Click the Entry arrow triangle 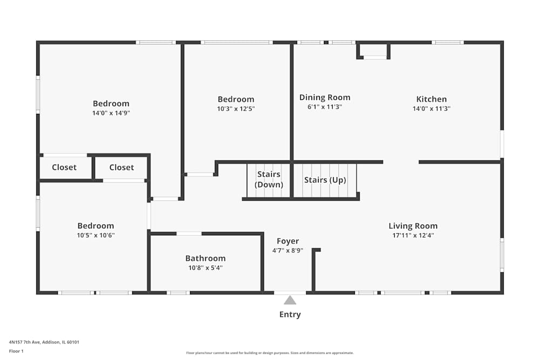[290, 301]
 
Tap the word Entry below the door [290, 315]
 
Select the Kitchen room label [431, 99]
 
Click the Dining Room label [325, 98]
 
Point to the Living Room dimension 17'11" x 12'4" [413, 235]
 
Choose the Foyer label [288, 241]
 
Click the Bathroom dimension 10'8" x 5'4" [205, 268]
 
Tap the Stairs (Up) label [325, 180]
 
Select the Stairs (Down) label [269, 179]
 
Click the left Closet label [64, 167]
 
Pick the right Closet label [122, 167]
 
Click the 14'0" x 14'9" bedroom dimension [111, 113]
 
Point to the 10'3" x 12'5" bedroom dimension [236, 108]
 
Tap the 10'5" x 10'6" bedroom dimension [96, 235]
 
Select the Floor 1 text [16, 351]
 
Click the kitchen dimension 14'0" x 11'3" [431, 108]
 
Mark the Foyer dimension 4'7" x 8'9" [288, 250]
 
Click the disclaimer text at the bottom [270, 353]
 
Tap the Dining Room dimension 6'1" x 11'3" [325, 107]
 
